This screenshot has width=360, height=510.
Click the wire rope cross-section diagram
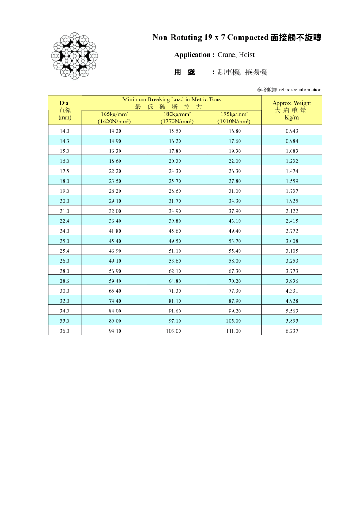point(75,55)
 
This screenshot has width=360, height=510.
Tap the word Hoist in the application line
point(246,55)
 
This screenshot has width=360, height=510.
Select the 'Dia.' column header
point(65,103)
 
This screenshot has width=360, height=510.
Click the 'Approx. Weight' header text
point(292,103)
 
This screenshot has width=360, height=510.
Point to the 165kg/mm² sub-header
point(114,114)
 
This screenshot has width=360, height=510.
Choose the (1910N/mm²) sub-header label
point(234,122)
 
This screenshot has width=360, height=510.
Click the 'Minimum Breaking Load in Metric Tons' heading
point(172,99)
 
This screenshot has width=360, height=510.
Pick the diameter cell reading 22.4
point(65,221)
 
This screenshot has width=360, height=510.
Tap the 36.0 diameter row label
point(65,331)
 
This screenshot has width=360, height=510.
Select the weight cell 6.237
point(292,331)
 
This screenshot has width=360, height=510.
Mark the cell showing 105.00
point(234,321)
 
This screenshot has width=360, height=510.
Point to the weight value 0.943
point(292,131)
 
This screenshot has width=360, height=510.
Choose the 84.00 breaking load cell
point(115,311)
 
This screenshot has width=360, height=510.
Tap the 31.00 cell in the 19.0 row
point(234,191)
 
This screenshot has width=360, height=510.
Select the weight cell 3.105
point(292,251)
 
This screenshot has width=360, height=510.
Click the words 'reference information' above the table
point(300,90)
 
